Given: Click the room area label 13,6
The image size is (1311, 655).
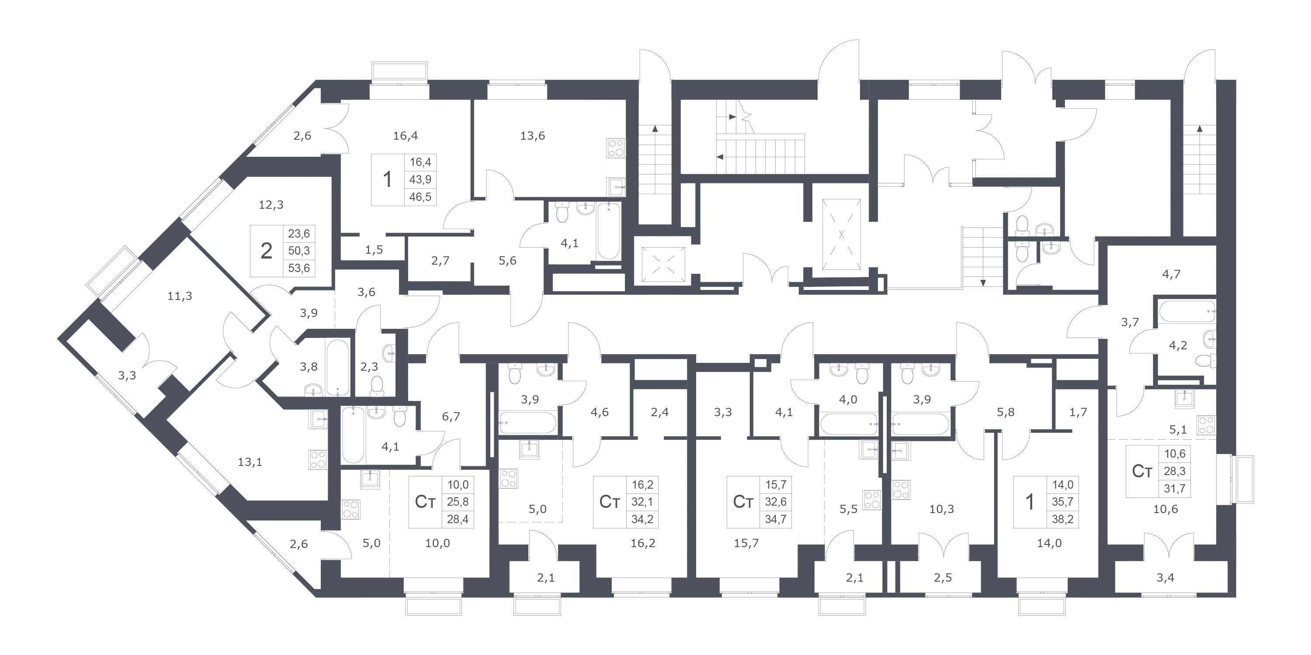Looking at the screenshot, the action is click(532, 136).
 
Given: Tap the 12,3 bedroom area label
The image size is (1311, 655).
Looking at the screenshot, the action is click(271, 205).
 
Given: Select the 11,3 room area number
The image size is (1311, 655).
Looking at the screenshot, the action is click(180, 296).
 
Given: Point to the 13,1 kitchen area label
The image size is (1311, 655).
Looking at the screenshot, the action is click(250, 462).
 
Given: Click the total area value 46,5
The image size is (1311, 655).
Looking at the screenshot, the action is click(420, 197).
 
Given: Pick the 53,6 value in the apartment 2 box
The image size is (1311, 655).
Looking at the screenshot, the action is click(299, 268).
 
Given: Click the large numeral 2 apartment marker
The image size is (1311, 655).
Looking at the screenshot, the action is click(266, 251).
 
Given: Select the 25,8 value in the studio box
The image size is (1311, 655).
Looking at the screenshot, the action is click(458, 502).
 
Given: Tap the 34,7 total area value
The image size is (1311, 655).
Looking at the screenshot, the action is click(776, 519).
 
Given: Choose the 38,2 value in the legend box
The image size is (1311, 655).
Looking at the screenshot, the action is click(1063, 519).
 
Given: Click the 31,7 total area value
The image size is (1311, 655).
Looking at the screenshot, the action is click(1175, 489).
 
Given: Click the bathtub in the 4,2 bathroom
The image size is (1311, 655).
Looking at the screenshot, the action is click(1185, 311).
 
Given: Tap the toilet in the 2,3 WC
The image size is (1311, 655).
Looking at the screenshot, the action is click(377, 386).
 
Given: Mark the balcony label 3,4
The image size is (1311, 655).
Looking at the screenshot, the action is click(1165, 578).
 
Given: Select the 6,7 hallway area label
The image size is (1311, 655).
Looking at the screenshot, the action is click(451, 417).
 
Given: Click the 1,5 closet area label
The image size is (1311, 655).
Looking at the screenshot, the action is click(374, 250).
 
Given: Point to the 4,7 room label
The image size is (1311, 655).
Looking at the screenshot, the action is click(1171, 275).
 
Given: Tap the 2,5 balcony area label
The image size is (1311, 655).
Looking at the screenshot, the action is click(943, 578).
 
